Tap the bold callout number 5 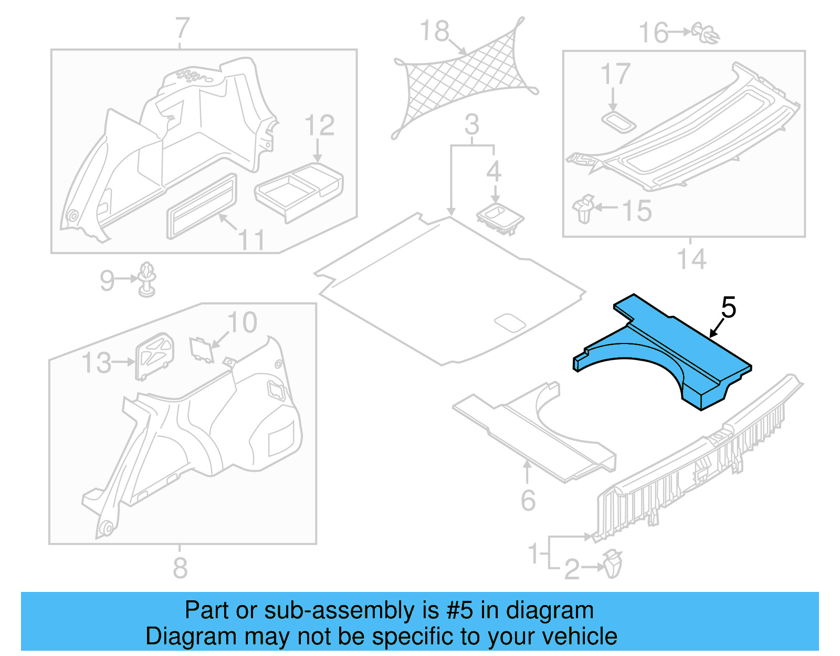coord(728,308)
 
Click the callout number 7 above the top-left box coord(182,29)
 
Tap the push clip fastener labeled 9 coord(148,279)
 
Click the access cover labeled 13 coord(154,355)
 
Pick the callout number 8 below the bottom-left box coord(180,568)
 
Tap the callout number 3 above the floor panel coord(472,125)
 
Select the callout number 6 coord(528,500)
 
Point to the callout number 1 coord(533,554)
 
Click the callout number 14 coord(691,259)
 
